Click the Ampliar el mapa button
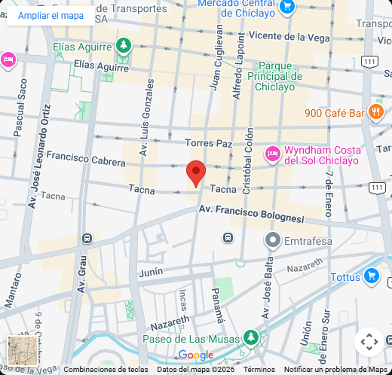pyautogui.click(x=51, y=15)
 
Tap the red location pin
pyautogui.click(x=196, y=173)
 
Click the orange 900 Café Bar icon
pyautogui.click(x=377, y=113)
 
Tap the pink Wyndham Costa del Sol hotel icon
pyautogui.click(x=273, y=154)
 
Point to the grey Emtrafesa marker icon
pyautogui.click(x=273, y=241)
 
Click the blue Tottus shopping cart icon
pyautogui.click(x=371, y=276)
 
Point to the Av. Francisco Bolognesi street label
pyautogui.click(x=251, y=212)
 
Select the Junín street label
pyautogui.click(x=151, y=273)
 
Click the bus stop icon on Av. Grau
pyautogui.click(x=87, y=239)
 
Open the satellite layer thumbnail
pyautogui.click(x=23, y=351)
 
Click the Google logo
pyautogui.click(x=196, y=355)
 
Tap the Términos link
pyautogui.click(x=259, y=370)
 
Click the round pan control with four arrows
pyautogui.click(x=369, y=342)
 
